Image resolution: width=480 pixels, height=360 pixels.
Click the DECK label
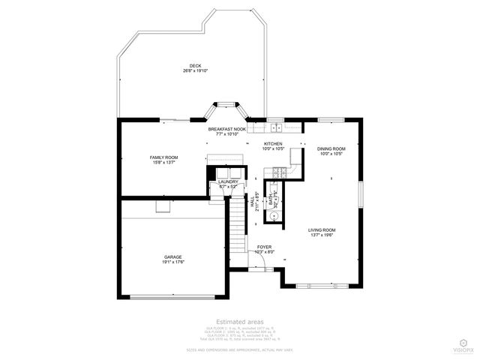(x=196, y=65)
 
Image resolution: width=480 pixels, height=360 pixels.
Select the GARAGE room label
(x=173, y=256)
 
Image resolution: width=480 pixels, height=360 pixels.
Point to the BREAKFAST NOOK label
(x=226, y=129)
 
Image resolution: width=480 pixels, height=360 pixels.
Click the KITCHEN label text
(x=273, y=143)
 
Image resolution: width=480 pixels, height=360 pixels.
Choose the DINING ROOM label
(x=331, y=148)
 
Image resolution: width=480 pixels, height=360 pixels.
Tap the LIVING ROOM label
(x=322, y=229)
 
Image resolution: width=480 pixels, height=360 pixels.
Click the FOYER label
(x=264, y=247)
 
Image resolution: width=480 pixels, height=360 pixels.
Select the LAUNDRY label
(x=228, y=181)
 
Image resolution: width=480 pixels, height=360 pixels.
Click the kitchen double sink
(x=273, y=121)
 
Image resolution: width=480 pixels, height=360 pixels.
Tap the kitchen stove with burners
(x=279, y=173)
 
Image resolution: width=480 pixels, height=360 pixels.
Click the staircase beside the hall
(x=238, y=221)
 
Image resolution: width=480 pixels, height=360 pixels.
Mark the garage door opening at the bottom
(x=173, y=298)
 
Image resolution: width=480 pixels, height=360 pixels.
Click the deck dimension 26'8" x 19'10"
(x=196, y=70)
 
